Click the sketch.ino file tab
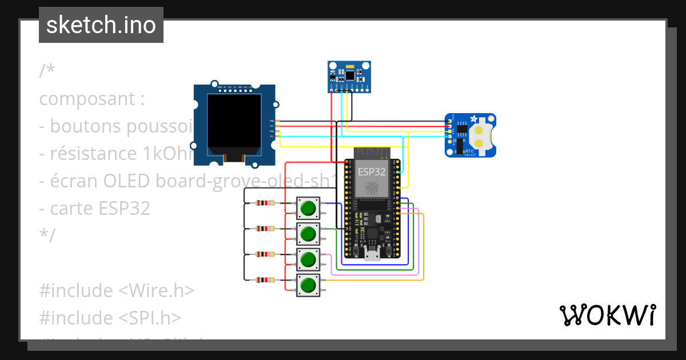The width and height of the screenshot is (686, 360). (x=101, y=25)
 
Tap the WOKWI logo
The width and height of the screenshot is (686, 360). (x=607, y=315)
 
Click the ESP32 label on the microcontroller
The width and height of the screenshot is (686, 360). (x=372, y=171)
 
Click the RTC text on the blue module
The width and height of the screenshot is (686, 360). (x=469, y=150)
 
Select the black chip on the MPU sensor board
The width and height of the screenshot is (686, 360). (x=349, y=75)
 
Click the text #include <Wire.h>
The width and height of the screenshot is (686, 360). (x=117, y=290)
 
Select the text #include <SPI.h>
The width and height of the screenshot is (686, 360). (x=110, y=317)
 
